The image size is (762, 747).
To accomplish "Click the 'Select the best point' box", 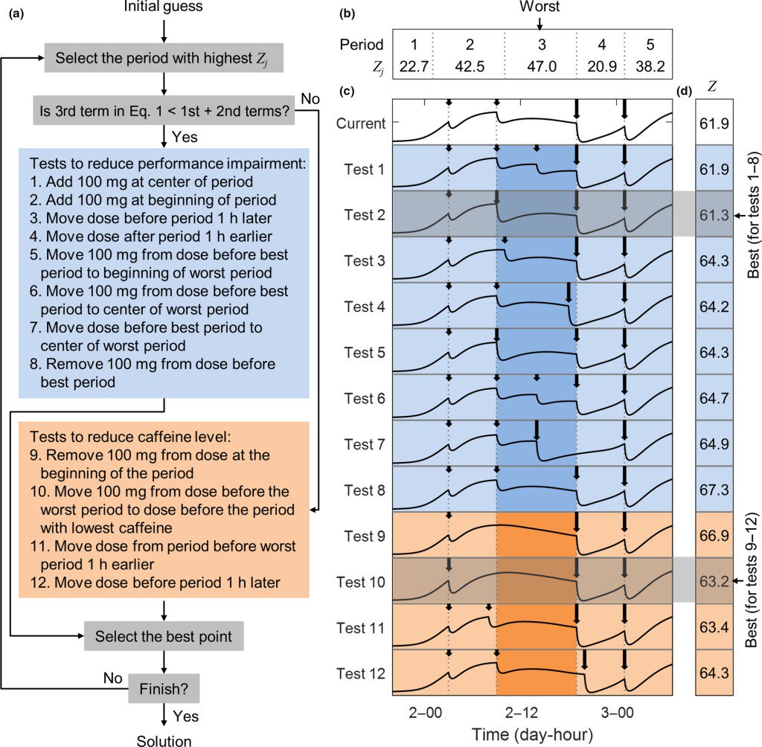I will coord(164,636).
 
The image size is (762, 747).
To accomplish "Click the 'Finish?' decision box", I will coord(164,688).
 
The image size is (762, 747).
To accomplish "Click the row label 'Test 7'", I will coord(365,444).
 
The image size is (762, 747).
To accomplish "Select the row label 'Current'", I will coord(361,123).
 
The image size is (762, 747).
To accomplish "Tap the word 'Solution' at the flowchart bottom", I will coord(163,740).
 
